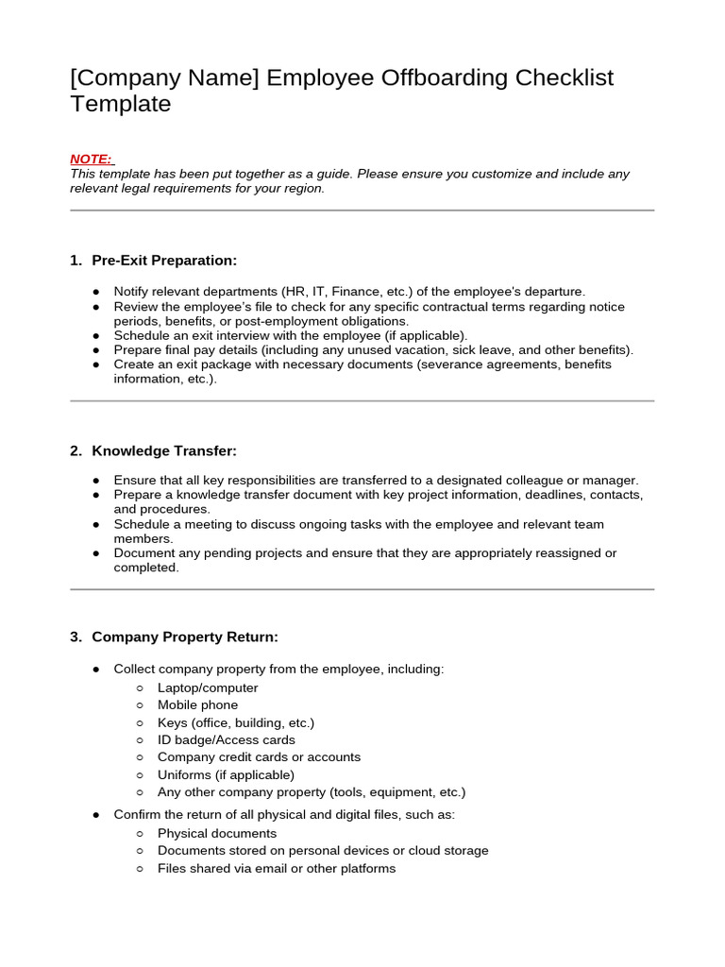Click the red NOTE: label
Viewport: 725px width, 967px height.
pos(91,159)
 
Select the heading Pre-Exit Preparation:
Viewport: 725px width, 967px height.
pos(164,260)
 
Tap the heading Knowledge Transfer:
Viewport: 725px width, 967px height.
pos(164,450)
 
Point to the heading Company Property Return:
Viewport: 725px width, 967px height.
pos(185,636)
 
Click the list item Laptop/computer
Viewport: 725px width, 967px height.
pos(208,687)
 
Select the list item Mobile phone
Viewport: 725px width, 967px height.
pos(197,704)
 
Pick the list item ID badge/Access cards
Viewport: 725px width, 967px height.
pos(226,739)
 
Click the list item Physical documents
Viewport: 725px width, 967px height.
pos(217,833)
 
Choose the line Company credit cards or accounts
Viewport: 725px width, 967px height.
pos(259,756)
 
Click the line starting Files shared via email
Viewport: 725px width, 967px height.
pos(276,868)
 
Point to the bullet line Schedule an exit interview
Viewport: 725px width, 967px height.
pos(290,335)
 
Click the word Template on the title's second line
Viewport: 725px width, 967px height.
pos(120,104)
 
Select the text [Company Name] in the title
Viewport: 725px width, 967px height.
pos(164,77)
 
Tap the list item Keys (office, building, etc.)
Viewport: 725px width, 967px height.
pos(236,722)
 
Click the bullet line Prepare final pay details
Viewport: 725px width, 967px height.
pos(373,349)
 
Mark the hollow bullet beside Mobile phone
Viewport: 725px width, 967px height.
pos(140,705)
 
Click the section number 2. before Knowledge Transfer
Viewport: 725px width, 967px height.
pos(76,450)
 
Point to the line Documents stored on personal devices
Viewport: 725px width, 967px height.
pos(323,850)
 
